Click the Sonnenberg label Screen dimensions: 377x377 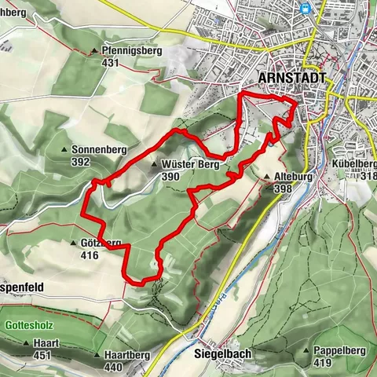[x=98, y=149]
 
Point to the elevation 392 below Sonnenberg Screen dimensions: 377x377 [x=80, y=162]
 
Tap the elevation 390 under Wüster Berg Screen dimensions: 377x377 [x=170, y=178]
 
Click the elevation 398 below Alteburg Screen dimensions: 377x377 [x=284, y=188]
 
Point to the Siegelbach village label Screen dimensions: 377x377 [x=222, y=354]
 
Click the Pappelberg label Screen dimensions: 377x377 [x=339, y=351]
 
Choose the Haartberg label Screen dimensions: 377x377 [x=126, y=355]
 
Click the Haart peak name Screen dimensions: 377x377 [x=46, y=343]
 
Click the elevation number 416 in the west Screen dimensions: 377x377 [x=89, y=255]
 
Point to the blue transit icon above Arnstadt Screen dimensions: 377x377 [x=306, y=9]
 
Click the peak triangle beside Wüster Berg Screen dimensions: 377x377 [x=154, y=165]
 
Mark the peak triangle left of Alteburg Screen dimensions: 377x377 [x=267, y=178]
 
